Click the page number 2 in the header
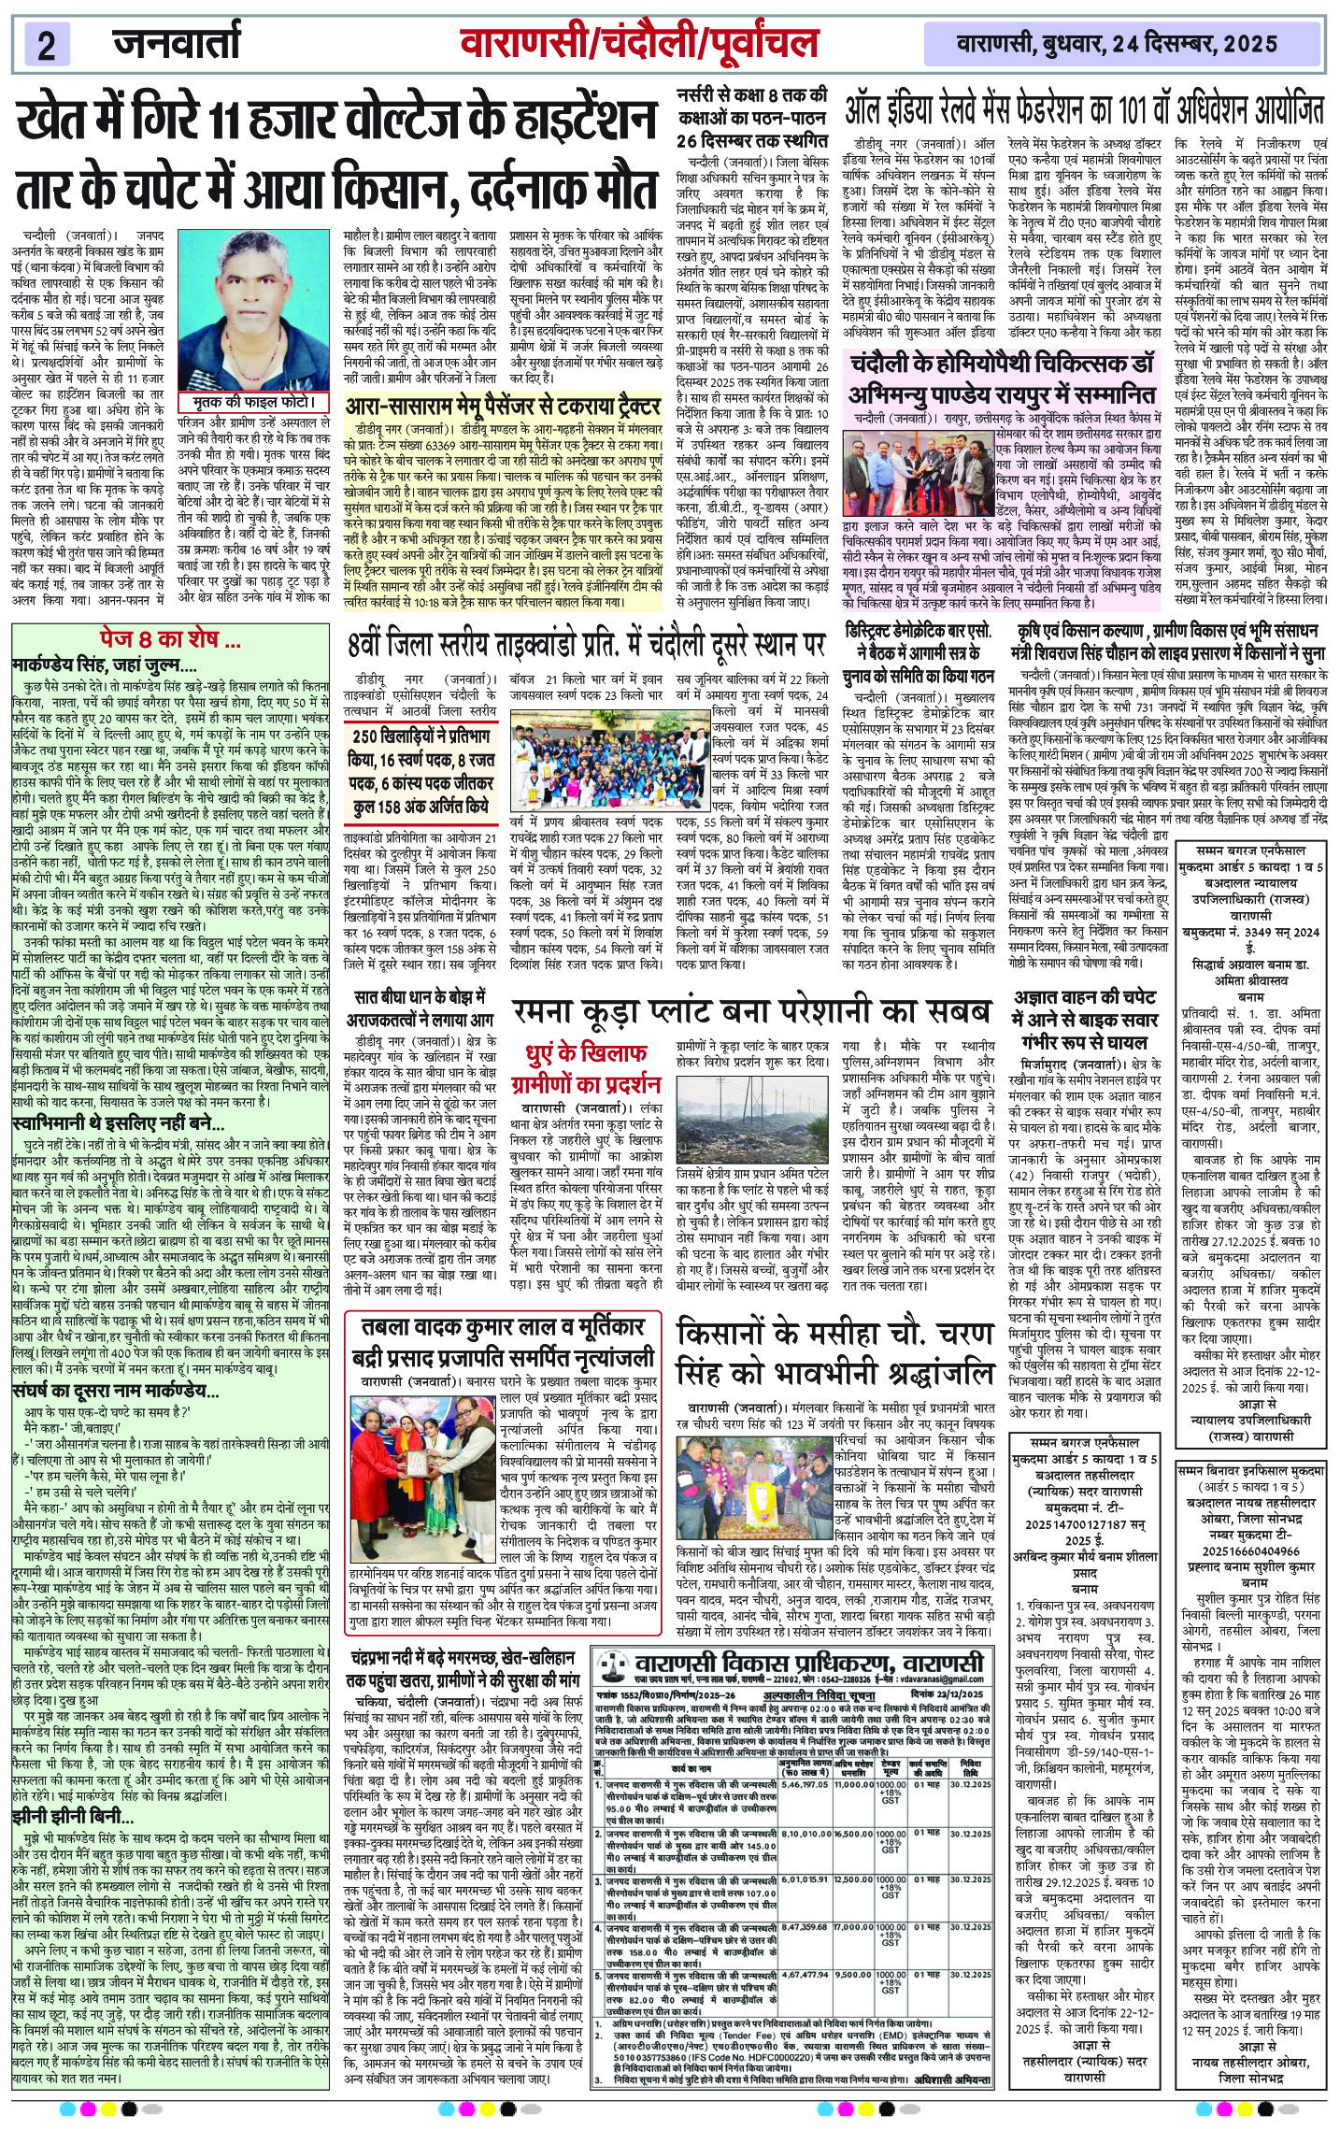point(47,44)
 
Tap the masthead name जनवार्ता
point(177,42)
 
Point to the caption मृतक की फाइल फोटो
point(253,402)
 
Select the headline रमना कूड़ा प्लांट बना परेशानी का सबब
point(750,1011)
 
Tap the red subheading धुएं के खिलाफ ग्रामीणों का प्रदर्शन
point(585,1068)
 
